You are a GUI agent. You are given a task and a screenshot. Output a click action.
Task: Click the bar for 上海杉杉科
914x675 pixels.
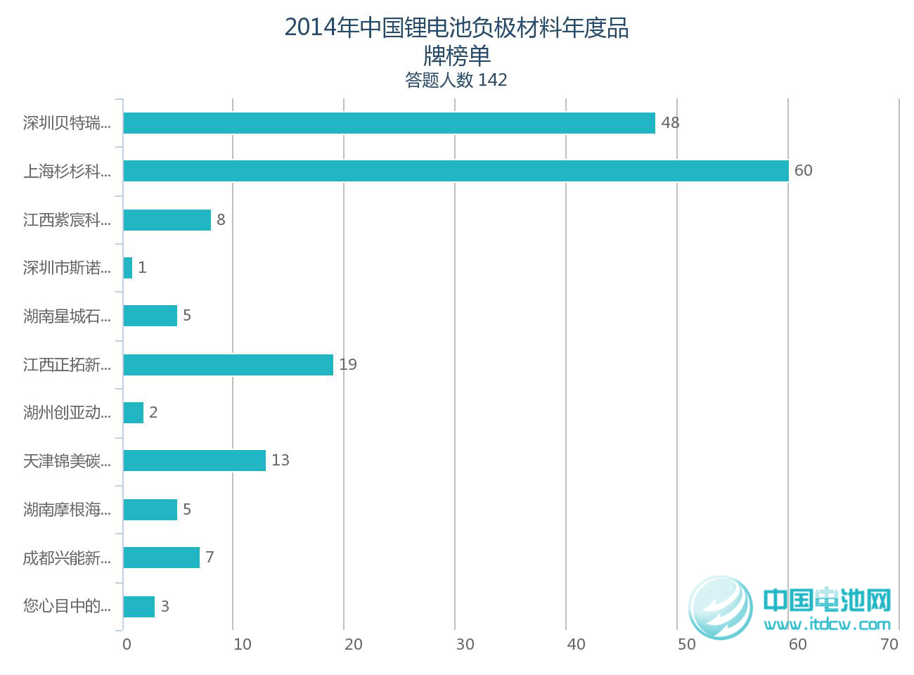[456, 171]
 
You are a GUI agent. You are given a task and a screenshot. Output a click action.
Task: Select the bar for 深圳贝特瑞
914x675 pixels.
[389, 123]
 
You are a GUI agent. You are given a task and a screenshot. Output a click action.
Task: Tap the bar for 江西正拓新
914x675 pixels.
[228, 365]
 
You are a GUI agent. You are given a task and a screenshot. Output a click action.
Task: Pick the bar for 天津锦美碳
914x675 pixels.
[194, 461]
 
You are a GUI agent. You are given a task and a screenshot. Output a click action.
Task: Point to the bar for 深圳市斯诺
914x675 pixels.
[128, 268]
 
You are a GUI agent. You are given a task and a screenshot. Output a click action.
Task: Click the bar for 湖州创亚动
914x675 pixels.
[134, 413]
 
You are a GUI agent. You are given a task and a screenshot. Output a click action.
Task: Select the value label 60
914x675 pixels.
[803, 171]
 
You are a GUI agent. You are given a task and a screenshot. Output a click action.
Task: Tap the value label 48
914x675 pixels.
[670, 123]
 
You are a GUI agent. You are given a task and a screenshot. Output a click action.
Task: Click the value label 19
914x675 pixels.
[348, 365]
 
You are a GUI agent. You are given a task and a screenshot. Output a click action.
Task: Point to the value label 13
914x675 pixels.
[281, 461]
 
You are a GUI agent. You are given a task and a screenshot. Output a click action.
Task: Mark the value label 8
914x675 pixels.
[221, 220]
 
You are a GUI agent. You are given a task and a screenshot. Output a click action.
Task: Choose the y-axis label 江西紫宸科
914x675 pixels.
[67, 220]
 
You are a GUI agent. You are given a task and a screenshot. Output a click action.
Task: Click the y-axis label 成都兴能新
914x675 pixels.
[67, 558]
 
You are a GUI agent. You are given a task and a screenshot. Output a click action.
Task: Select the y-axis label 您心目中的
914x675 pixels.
[67, 606]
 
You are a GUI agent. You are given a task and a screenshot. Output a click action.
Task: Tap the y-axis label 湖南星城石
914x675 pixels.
[67, 316]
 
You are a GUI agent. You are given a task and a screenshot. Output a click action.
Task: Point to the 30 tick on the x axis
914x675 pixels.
[465, 645]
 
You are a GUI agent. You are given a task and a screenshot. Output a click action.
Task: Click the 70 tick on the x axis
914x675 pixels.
[889, 645]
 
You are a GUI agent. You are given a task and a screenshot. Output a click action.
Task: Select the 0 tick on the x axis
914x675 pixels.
[127, 645]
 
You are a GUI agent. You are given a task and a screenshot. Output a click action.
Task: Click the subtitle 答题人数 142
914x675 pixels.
[456, 80]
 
